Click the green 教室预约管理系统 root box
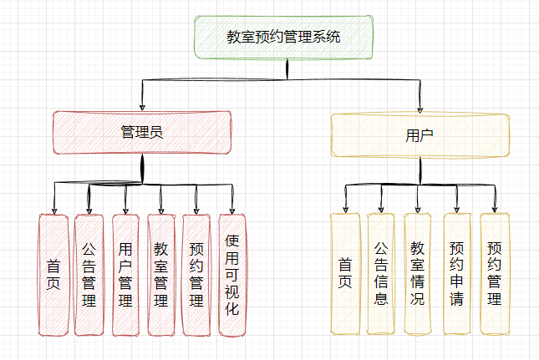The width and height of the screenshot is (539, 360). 284,37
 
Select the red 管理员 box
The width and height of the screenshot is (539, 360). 142,132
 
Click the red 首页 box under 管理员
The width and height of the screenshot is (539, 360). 53,275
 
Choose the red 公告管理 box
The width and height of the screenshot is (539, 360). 89,275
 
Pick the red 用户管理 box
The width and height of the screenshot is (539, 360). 125,275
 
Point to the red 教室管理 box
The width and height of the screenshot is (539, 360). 160,275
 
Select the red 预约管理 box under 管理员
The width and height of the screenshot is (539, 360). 196,275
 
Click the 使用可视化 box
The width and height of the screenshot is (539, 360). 232,275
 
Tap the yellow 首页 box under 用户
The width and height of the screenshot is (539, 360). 344,273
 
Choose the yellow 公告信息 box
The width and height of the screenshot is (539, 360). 381,273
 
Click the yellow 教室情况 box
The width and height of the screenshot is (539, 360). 418,273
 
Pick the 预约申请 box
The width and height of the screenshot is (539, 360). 456,273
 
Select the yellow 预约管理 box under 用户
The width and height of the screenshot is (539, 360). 494,273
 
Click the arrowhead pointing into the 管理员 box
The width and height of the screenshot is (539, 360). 142,106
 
